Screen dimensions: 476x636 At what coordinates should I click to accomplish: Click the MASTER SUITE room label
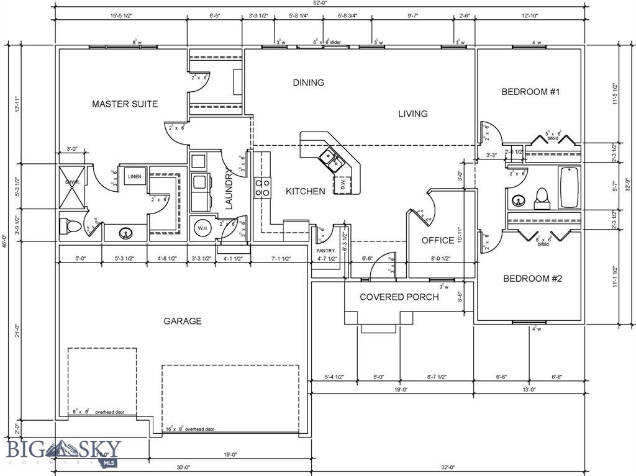click(x=125, y=104)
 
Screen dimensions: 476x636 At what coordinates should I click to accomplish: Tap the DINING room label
click(x=308, y=83)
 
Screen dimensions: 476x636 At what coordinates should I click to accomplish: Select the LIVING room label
click(x=412, y=114)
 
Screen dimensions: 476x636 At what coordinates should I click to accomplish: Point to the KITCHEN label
click(x=305, y=191)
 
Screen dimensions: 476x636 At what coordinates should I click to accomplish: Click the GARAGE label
click(x=182, y=321)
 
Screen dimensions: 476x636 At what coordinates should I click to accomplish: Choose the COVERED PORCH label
click(x=399, y=297)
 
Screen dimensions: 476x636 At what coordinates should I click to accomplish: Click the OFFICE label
click(x=438, y=240)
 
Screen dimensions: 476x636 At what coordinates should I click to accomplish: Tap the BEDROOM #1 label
click(x=530, y=92)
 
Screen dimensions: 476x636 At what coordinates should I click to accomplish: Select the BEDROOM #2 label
click(x=532, y=279)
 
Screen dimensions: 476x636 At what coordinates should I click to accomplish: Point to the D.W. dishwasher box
click(x=343, y=184)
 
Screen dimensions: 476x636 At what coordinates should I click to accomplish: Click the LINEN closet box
click(x=135, y=177)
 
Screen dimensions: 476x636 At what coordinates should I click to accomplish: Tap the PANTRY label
click(x=325, y=251)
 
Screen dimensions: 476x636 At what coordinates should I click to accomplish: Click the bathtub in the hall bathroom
click(x=569, y=187)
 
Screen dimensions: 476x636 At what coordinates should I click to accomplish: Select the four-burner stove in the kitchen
click(x=262, y=187)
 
